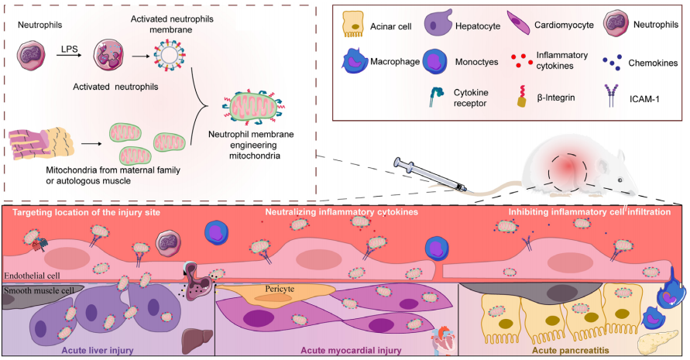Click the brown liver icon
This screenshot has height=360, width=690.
point(191,338)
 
